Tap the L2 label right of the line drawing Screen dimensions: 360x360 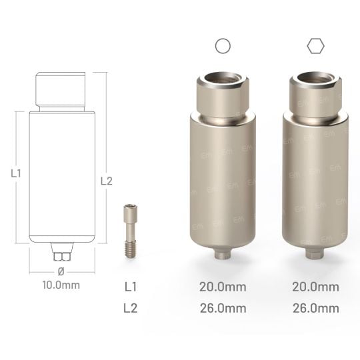[106, 180]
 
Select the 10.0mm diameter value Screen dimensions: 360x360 [61, 285]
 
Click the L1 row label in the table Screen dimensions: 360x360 [132, 287]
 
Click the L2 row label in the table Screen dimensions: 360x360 [132, 308]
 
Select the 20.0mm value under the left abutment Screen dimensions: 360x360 [223, 287]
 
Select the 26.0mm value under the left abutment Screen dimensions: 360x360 [223, 308]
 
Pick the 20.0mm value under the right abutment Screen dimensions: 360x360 [315, 287]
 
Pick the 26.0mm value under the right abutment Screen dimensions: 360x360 [315, 308]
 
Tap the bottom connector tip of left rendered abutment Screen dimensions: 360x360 [223, 255]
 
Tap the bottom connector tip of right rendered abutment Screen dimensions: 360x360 [315, 255]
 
